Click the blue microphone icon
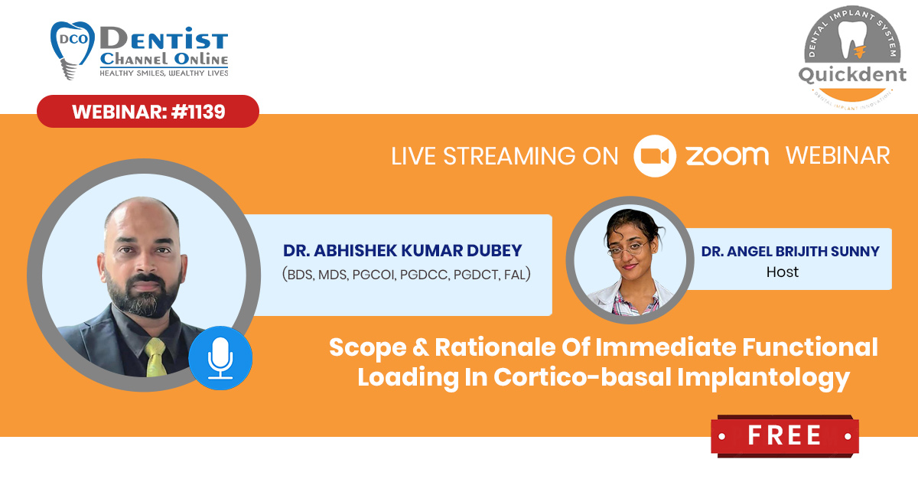point(220,358)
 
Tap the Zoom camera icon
point(655,156)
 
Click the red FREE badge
point(784,435)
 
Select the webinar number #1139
point(198,112)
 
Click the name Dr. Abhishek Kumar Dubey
point(402,250)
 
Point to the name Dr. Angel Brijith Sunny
point(790,251)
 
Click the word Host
point(783,272)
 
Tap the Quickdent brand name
point(852,75)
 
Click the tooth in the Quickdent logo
point(852,40)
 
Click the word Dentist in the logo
point(164,38)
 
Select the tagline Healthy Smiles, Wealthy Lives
point(164,73)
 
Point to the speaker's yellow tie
point(156,357)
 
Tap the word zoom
point(727,156)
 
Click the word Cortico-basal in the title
point(582,377)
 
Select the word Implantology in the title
point(763,378)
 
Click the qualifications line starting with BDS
point(406,274)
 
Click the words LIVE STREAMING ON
point(504,156)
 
